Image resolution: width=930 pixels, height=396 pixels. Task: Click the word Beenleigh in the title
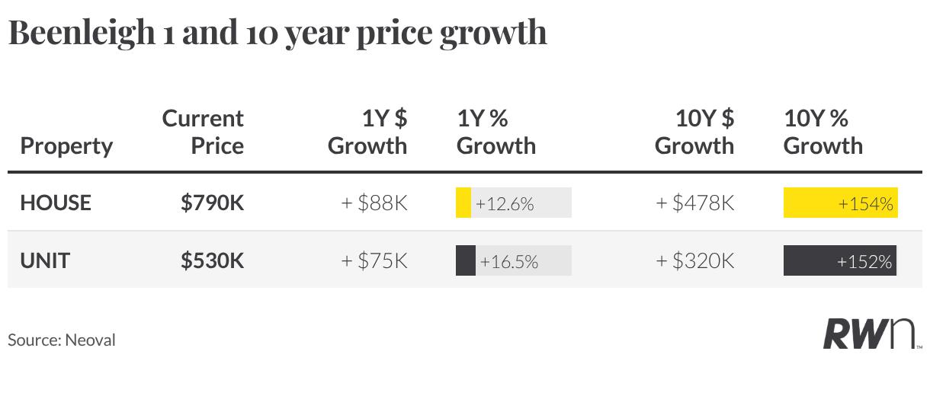82,34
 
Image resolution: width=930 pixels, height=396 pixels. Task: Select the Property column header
66,146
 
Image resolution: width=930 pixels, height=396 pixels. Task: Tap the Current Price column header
203,132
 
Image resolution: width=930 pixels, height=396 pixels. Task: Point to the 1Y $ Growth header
367,132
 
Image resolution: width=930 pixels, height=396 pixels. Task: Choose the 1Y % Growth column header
496,132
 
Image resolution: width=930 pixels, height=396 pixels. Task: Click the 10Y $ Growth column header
694,132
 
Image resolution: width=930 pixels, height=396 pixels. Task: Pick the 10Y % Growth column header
823,132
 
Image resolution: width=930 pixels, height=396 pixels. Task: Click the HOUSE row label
56,203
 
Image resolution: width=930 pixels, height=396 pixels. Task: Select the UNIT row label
45,260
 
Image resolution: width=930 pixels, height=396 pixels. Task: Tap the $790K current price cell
212,203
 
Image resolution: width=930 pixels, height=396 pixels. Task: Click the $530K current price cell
212,260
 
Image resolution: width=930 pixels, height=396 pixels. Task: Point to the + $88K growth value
374,203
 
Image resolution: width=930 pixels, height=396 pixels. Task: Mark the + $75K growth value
374,260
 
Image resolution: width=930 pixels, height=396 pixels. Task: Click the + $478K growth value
695,203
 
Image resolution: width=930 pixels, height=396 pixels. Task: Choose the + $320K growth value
695,260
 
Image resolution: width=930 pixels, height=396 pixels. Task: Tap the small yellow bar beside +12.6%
463,203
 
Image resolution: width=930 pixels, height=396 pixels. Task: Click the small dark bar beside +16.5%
466,260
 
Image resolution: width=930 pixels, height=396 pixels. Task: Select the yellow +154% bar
841,203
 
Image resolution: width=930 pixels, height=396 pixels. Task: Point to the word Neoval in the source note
90,340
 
